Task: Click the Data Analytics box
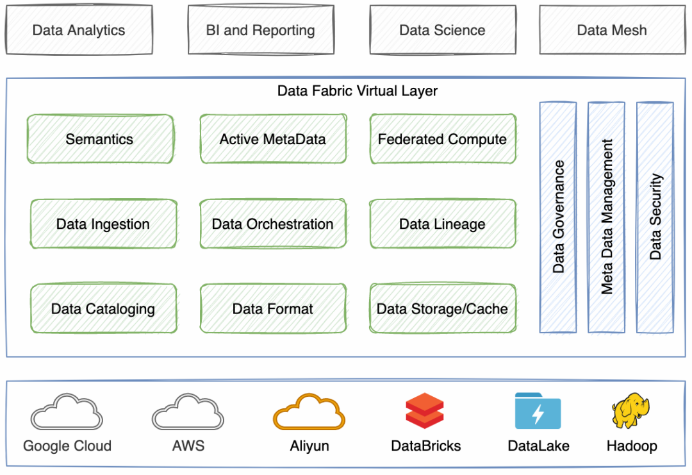point(79,29)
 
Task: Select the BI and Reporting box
point(260,29)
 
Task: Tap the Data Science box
point(442,29)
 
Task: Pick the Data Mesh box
point(612,29)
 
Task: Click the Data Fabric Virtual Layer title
point(358,91)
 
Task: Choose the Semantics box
point(100,139)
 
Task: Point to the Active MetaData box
point(273,139)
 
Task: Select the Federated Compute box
point(443,139)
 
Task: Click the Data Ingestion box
point(103,224)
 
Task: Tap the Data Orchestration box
point(273,224)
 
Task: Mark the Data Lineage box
point(443,224)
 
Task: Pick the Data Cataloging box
point(103,308)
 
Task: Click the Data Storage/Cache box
point(443,308)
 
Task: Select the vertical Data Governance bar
point(558,217)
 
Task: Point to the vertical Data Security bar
point(655,217)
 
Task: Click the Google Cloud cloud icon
point(66,412)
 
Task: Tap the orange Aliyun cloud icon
point(309,412)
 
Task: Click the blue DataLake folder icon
point(538,411)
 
